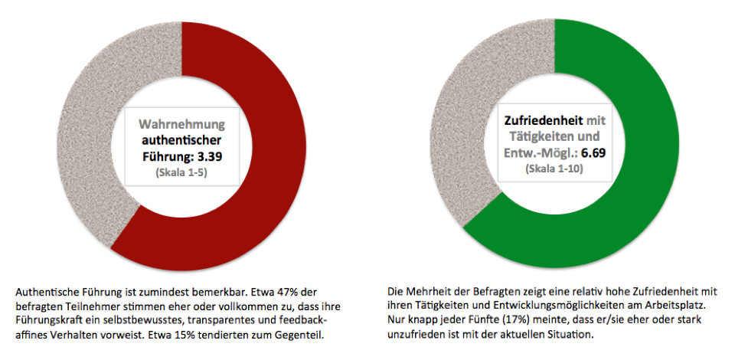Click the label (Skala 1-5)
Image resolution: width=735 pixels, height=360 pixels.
point(182,173)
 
